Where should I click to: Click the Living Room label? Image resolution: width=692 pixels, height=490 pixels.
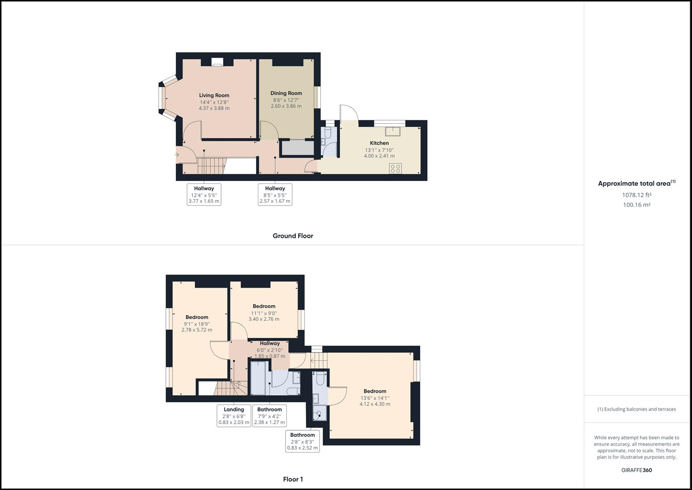pyautogui.click(x=214, y=95)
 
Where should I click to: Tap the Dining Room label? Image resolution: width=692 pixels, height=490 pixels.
pyautogui.click(x=286, y=93)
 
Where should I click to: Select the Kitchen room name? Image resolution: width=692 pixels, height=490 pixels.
pyautogui.click(x=379, y=143)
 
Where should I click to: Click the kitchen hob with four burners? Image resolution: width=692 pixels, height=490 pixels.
pyautogui.click(x=395, y=168)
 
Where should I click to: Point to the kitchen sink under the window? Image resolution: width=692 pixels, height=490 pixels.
pyautogui.click(x=392, y=132)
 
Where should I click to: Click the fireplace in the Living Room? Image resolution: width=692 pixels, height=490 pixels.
pyautogui.click(x=217, y=63)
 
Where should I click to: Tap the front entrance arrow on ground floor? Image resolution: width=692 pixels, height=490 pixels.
pyautogui.click(x=176, y=155)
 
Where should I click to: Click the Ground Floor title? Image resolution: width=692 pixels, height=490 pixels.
pyautogui.click(x=293, y=236)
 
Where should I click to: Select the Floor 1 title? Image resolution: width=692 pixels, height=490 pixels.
pyautogui.click(x=293, y=479)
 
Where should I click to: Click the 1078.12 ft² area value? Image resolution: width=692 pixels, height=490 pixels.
pyautogui.click(x=636, y=195)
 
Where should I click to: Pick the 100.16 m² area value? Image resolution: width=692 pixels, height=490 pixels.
pyautogui.click(x=636, y=205)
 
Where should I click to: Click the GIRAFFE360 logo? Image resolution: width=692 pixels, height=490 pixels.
pyautogui.click(x=636, y=470)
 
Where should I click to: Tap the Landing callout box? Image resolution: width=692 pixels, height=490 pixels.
pyautogui.click(x=234, y=416)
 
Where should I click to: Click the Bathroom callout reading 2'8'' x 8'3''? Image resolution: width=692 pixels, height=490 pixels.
pyautogui.click(x=302, y=441)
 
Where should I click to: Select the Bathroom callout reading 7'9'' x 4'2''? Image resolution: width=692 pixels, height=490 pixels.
pyautogui.click(x=269, y=416)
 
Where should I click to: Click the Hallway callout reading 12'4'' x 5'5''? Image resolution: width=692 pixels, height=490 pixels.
pyautogui.click(x=204, y=195)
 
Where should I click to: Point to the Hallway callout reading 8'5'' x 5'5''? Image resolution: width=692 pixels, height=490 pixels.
pyautogui.click(x=275, y=195)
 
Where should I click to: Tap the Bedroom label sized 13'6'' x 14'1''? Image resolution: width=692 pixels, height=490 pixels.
pyautogui.click(x=375, y=391)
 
